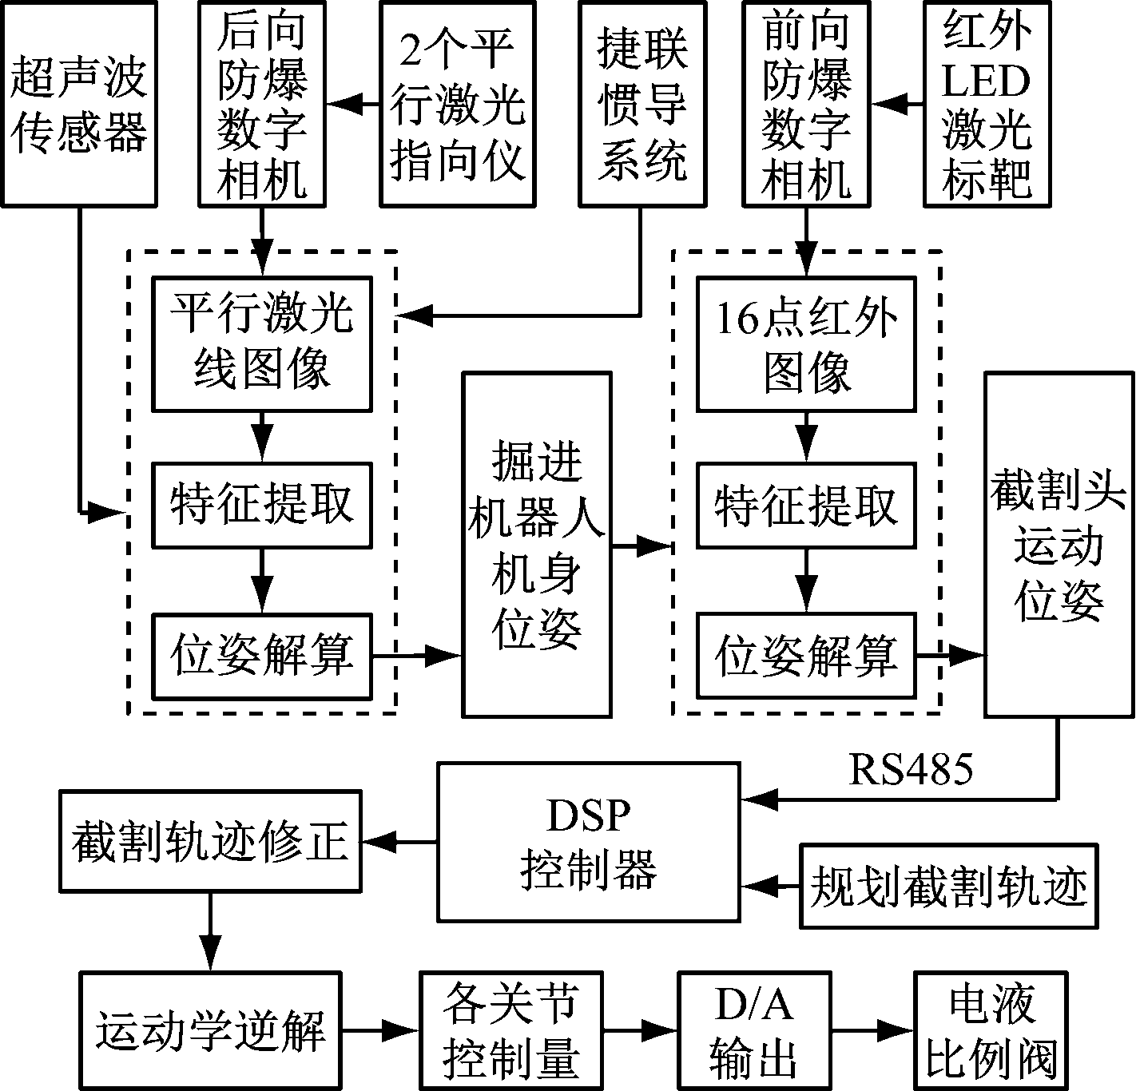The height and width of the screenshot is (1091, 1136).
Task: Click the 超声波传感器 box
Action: tap(78, 104)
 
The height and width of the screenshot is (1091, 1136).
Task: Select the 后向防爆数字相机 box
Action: tap(261, 104)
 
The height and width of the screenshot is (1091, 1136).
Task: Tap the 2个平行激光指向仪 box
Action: tap(457, 104)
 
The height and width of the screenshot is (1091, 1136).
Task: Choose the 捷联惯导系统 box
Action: tap(642, 104)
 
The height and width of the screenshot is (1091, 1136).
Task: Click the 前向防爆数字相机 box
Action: tap(806, 104)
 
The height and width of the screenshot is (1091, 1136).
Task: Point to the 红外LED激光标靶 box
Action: tap(987, 104)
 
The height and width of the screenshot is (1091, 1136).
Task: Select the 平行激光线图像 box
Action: tap(262, 343)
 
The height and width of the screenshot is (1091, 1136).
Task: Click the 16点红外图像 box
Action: tap(806, 343)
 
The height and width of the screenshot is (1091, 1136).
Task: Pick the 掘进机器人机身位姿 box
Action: tap(537, 543)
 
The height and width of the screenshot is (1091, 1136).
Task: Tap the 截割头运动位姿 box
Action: tap(1059, 543)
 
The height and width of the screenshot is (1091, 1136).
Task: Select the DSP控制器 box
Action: tap(589, 841)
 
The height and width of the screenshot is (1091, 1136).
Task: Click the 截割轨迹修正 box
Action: tap(210, 841)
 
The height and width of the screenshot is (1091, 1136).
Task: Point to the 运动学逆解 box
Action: tap(210, 1030)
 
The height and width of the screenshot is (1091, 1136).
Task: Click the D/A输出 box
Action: tap(754, 1030)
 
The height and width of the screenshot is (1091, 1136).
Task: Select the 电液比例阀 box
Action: tap(991, 1030)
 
